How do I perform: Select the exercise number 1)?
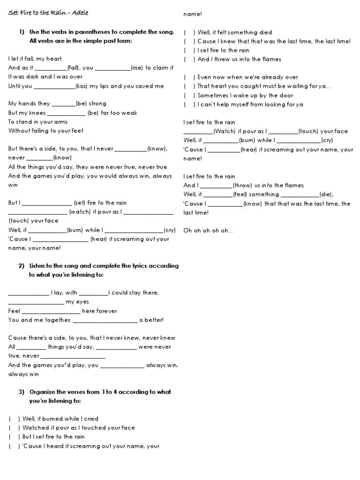[x=22, y=32]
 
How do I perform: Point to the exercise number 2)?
[x=22, y=266]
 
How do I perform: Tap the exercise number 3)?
[x=22, y=392]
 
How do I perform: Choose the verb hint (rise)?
[x=137, y=68]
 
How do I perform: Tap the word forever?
[x=108, y=311]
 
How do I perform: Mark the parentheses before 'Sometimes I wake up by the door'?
[x=189, y=96]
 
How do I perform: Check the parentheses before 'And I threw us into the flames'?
[x=189, y=60]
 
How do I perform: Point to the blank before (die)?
[x=300, y=195]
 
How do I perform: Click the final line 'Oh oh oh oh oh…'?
[x=208, y=231]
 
